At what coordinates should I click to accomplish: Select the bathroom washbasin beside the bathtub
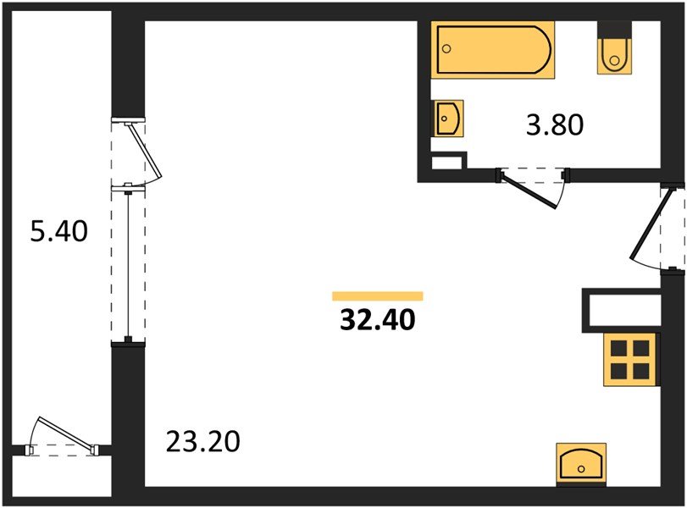tap(448, 118)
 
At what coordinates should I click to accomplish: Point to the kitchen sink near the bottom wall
tap(581, 463)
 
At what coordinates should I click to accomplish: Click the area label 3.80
tap(556, 126)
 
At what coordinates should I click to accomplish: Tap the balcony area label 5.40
tap(58, 230)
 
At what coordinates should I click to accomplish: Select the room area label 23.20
tap(204, 441)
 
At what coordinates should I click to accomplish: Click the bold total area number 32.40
tap(377, 321)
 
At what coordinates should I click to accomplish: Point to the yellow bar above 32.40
tap(377, 296)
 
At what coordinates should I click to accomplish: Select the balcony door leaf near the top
tap(143, 152)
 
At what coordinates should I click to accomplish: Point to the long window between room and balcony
tap(128, 262)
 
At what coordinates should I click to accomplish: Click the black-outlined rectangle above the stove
tap(620, 311)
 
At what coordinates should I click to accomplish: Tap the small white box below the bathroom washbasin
tap(448, 162)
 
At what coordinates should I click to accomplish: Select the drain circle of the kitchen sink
tap(581, 468)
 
